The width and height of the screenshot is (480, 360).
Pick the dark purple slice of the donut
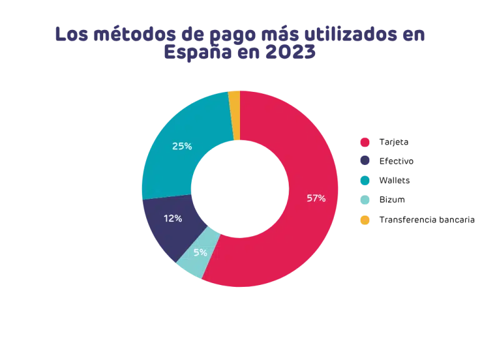tap(166, 228)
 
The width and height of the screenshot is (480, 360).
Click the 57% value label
tap(316, 198)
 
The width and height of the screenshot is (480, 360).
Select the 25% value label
tap(181, 146)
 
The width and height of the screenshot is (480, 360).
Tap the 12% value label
tap(172, 219)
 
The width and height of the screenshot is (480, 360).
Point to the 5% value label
tap(201, 252)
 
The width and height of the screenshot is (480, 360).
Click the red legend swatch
tap(365, 142)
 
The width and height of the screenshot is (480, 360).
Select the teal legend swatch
tap(365, 181)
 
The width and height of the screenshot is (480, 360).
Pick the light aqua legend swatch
tap(365, 200)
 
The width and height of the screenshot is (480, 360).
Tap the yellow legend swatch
tap(365, 219)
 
